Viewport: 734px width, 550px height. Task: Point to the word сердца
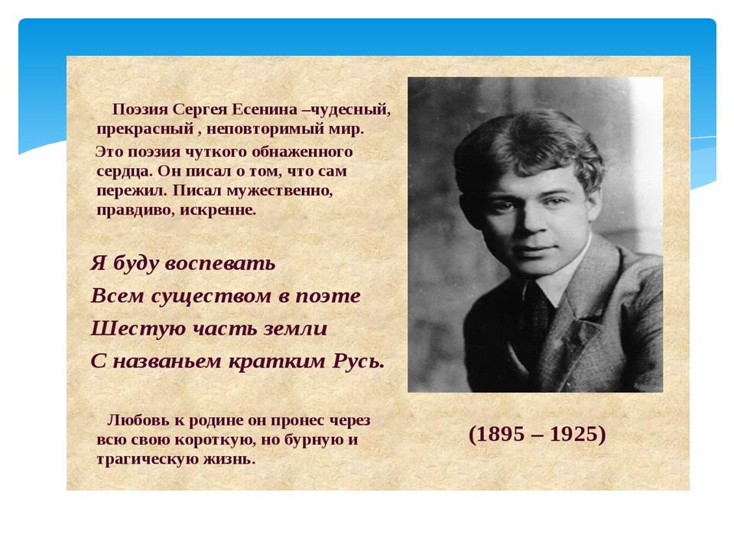[x=124, y=172]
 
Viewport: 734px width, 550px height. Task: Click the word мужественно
[x=280, y=191]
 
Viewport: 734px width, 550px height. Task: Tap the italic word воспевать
[x=220, y=264]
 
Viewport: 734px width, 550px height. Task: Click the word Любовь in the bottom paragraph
[x=139, y=420]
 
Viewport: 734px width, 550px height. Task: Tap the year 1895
[x=501, y=434]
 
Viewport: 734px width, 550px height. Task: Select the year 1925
[x=574, y=434]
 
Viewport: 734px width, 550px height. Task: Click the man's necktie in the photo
[x=538, y=318]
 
